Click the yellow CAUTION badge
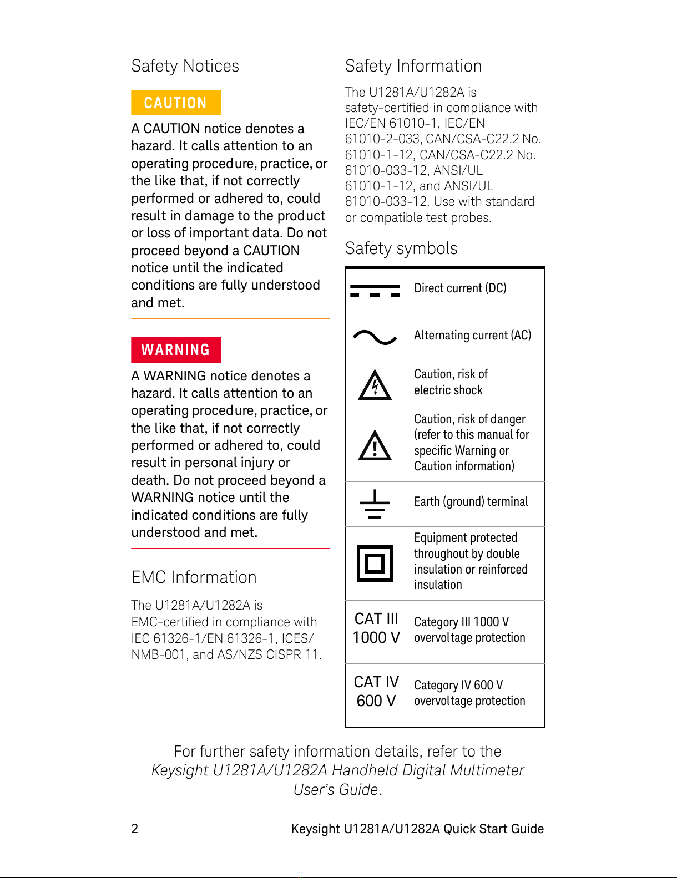176,103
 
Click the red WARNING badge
176,349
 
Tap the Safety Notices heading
185,66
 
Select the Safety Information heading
413,66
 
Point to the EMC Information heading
194,577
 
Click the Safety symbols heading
401,248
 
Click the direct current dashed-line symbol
375,290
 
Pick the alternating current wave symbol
375,337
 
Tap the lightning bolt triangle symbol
375,385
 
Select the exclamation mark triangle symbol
375,445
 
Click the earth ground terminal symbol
375,504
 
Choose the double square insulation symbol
375,563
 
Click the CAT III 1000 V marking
376,628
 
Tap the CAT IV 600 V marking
376,691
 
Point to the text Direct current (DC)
460,288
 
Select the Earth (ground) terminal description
471,501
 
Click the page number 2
134,829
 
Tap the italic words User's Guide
336,789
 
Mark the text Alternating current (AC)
472,335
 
